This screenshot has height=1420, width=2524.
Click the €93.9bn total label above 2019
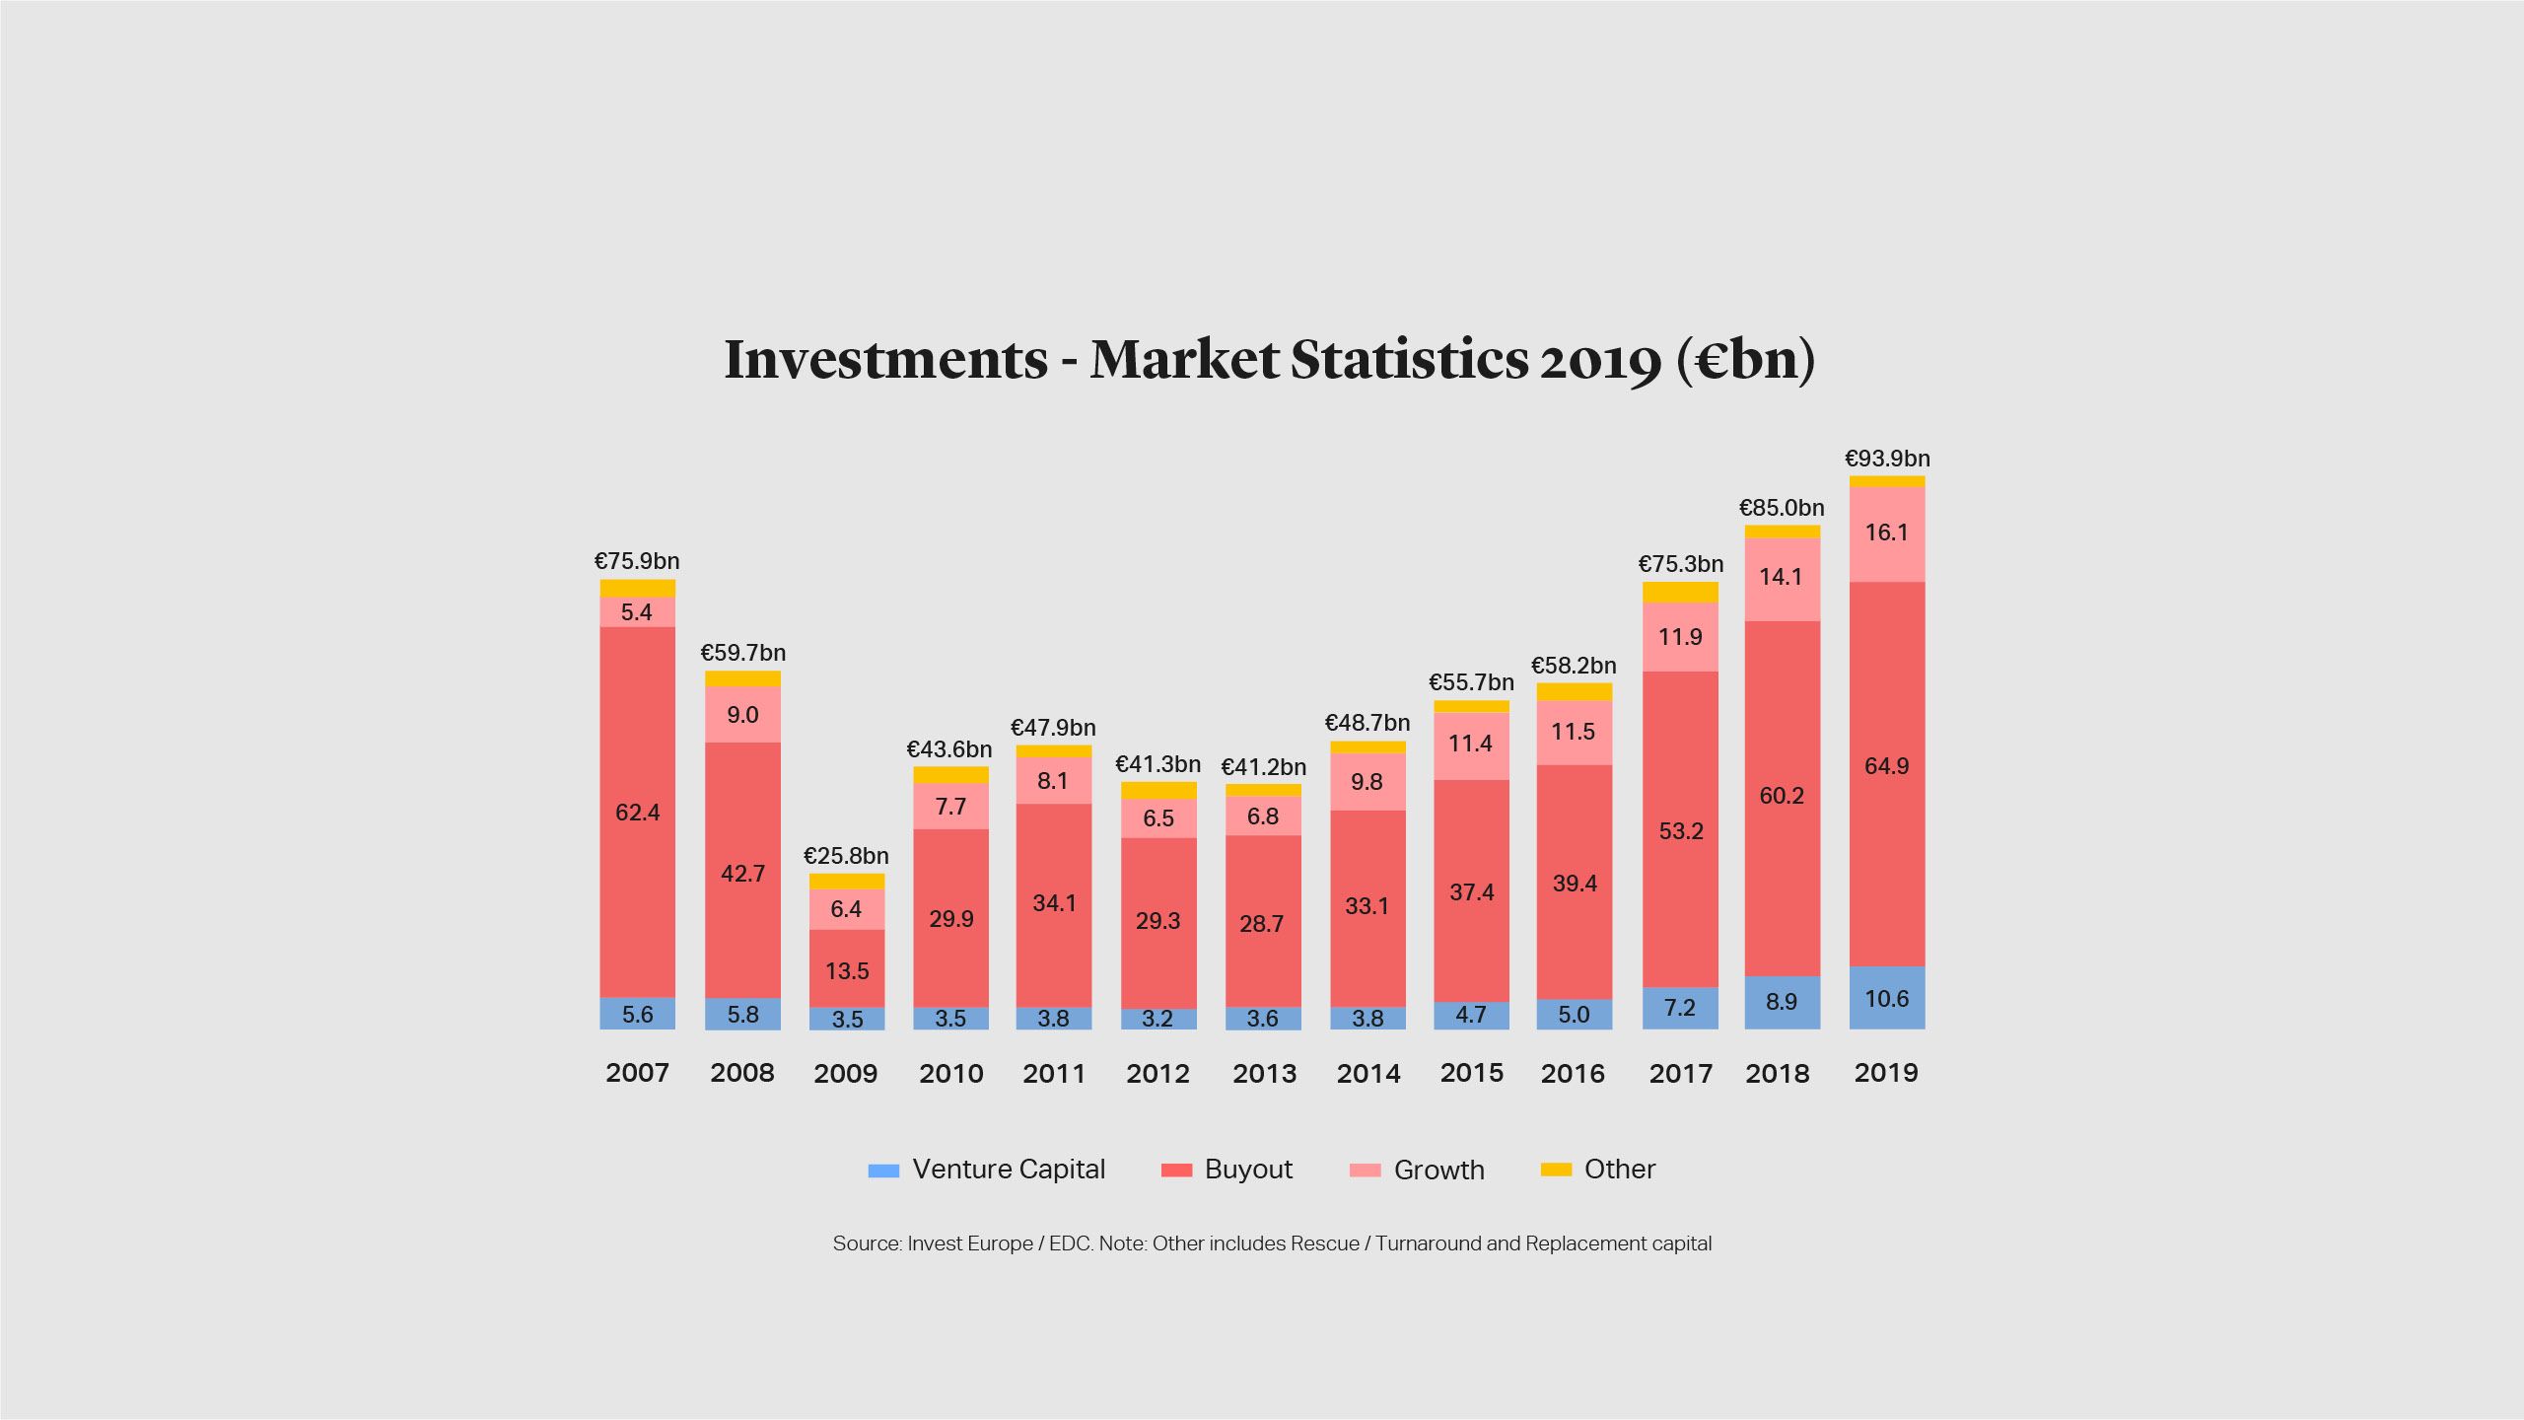click(x=1887, y=459)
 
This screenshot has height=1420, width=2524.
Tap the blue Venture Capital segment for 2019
click(x=1887, y=998)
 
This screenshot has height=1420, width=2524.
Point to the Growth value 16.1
click(x=1887, y=532)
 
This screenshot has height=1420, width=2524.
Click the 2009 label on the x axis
click(x=846, y=1073)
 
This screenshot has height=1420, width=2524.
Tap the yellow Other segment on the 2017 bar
click(x=1680, y=592)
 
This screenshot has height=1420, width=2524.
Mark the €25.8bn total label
click(x=846, y=856)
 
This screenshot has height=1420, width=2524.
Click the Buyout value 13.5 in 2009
click(x=847, y=971)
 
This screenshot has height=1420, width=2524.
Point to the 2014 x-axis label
click(x=1367, y=1073)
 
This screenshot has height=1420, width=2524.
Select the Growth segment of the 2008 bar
click(x=742, y=715)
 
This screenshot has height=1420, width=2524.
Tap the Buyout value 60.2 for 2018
click(x=1782, y=796)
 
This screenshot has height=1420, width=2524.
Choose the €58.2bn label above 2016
click(x=1574, y=666)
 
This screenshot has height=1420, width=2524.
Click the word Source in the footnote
click(x=865, y=1243)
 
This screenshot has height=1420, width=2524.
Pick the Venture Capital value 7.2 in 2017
click(x=1680, y=1008)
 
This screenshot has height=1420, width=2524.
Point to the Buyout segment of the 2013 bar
click(x=1263, y=887)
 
